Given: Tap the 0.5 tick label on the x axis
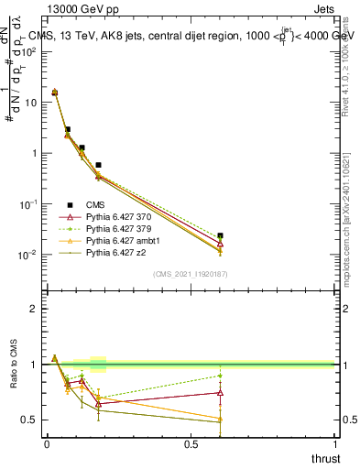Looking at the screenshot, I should [x=191, y=444].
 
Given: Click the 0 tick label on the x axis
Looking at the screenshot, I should [x=46, y=444].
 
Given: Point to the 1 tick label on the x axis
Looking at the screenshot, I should [x=337, y=444].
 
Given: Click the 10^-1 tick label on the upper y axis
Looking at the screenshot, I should [x=27, y=204].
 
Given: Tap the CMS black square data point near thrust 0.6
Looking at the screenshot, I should [x=220, y=235].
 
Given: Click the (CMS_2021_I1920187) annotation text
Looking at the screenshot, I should [x=191, y=274].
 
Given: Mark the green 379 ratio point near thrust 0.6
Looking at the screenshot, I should [x=220, y=376].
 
